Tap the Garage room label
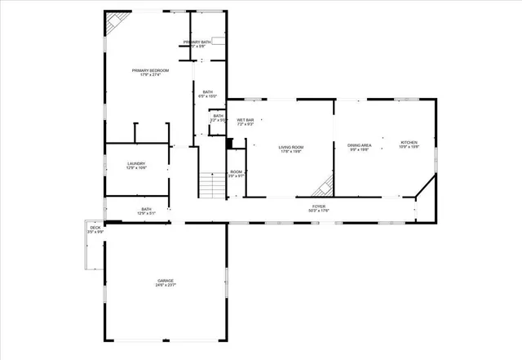click(x=166, y=281)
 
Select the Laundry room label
click(x=136, y=163)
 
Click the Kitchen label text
click(x=409, y=143)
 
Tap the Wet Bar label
click(x=246, y=121)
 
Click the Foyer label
click(x=319, y=207)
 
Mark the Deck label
click(x=95, y=229)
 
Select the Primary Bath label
click(x=197, y=42)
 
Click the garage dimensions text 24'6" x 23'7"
click(x=166, y=286)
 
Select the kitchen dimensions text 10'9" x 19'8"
click(x=409, y=148)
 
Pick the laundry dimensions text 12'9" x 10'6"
click(x=136, y=168)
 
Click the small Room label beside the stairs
click(x=236, y=171)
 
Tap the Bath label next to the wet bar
click(x=218, y=116)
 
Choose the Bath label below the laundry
click(x=147, y=209)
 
